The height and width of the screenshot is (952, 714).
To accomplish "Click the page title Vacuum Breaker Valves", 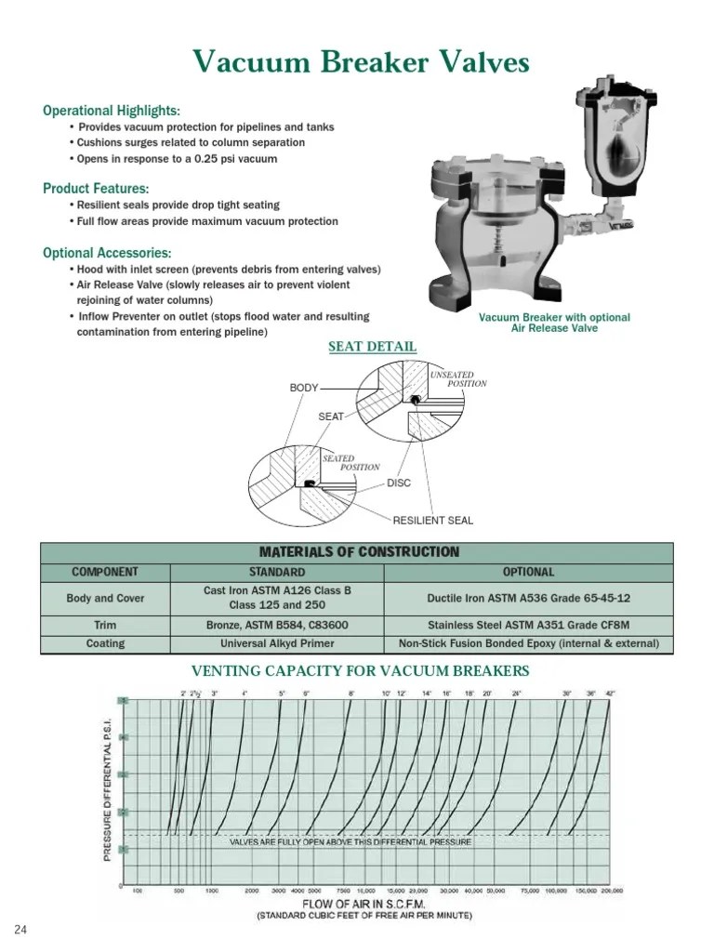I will point(362,62).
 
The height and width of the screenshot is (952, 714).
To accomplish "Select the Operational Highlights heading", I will point(112,111).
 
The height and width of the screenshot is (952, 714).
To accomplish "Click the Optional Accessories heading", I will point(107,253).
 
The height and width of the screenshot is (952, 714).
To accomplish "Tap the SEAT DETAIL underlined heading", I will point(373,347).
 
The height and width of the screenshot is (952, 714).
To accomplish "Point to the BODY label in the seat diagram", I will point(304,387).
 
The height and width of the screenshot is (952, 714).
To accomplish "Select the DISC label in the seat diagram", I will point(399,483).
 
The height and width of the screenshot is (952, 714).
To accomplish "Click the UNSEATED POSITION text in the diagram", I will point(457,378).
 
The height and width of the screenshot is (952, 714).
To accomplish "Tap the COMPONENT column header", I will point(106,572).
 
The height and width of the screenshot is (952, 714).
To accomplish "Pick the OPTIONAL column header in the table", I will point(528,572).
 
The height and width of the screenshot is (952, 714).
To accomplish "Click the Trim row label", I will point(106,624).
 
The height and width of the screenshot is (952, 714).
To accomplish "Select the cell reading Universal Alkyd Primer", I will point(277,643).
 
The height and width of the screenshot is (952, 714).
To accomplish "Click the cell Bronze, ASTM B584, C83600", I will point(277,624).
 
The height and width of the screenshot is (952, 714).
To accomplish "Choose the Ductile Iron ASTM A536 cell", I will point(528,598).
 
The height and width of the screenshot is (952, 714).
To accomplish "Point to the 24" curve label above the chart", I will point(516,693).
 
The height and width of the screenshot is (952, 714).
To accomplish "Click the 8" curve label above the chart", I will point(351,693).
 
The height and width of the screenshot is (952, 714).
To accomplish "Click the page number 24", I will point(20,931).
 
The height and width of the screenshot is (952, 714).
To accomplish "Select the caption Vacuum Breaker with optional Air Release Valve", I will point(554,323).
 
